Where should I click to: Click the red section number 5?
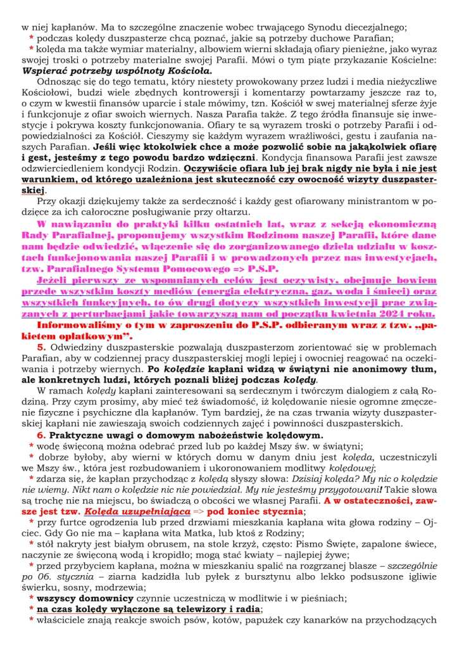pos(41,346)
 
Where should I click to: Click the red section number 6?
pos(41,435)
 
